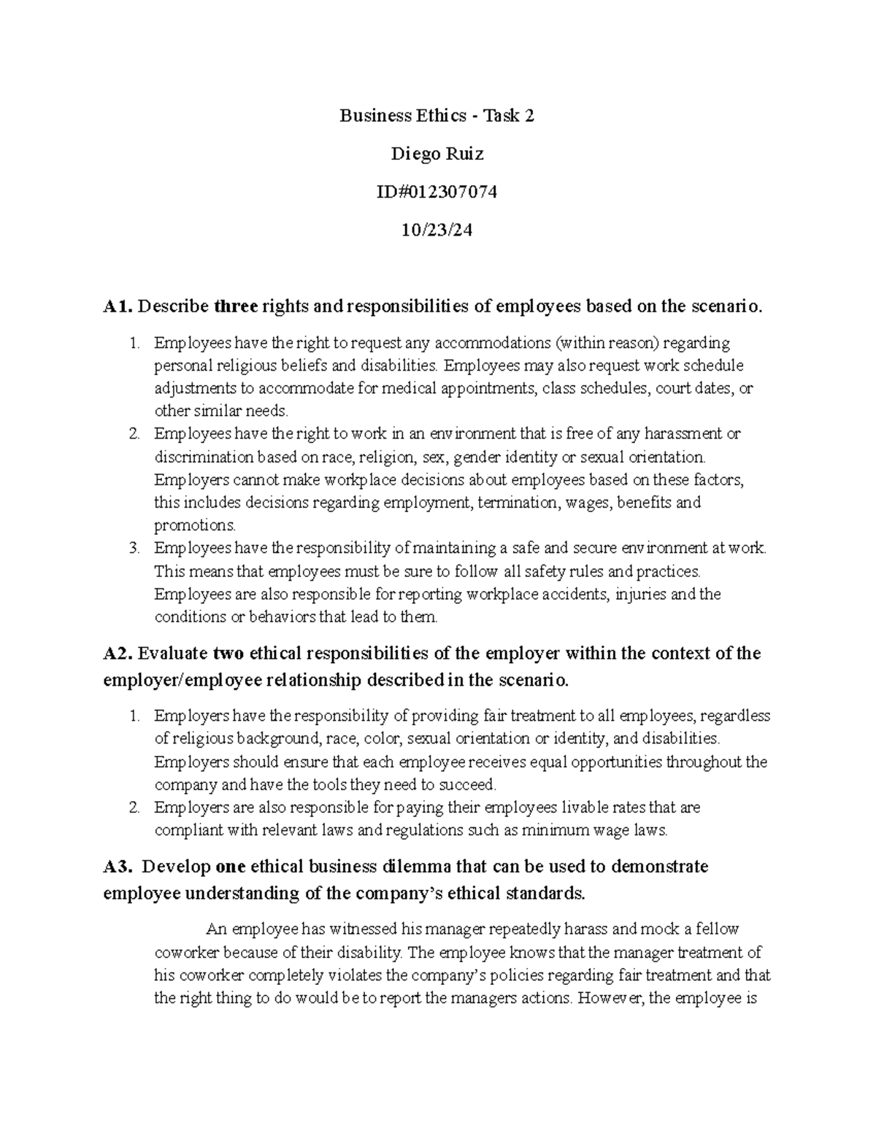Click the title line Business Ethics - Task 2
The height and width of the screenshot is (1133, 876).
pos(437,115)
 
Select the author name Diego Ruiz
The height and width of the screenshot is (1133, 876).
pos(437,154)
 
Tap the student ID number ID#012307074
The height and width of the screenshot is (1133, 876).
pos(437,192)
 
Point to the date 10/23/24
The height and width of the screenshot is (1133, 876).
pos(437,231)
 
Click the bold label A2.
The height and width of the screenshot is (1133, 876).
pos(118,653)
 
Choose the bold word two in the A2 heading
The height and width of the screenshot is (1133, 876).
pos(228,653)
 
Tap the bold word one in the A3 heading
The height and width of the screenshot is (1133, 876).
pos(231,867)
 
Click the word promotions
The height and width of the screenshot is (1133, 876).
pos(195,525)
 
